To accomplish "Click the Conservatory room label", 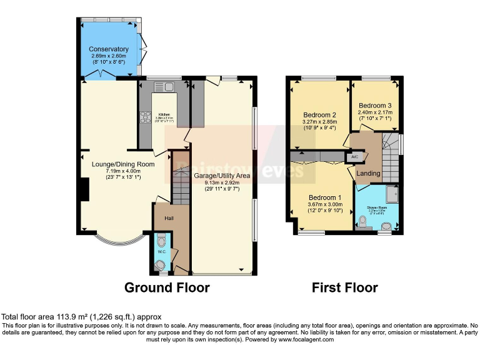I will [x=108, y=49].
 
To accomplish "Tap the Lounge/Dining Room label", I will [x=119, y=164].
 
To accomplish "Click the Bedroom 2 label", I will [x=320, y=115].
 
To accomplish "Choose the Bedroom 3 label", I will [x=375, y=105].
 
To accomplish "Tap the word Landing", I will [x=368, y=173].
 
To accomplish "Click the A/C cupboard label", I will [x=354, y=157].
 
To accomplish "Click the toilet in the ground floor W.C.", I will [x=162, y=241].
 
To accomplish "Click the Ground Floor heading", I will [x=167, y=287].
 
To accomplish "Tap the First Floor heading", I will [x=344, y=287].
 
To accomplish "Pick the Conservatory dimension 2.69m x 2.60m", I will [x=108, y=56].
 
